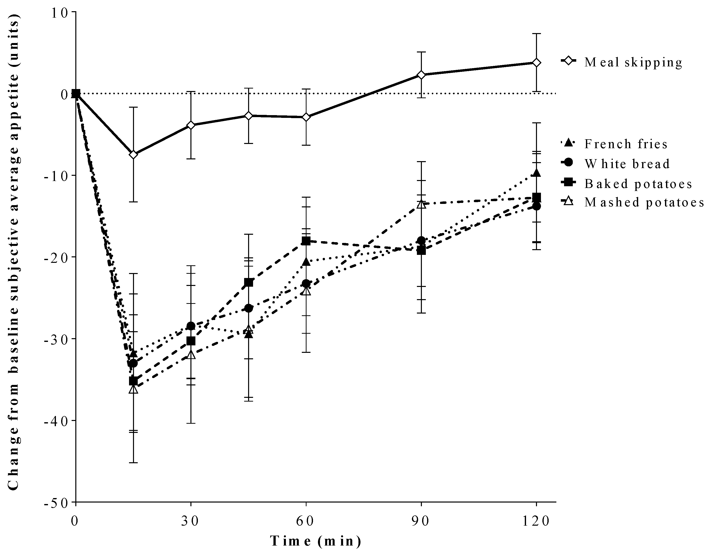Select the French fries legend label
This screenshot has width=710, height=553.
[626, 144]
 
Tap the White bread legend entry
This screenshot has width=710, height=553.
[627, 164]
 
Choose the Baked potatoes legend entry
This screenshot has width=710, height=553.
[638, 184]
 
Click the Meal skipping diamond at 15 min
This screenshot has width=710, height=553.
[133, 154]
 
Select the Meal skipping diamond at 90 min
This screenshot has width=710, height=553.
[421, 75]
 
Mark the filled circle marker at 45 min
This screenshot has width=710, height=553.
[249, 308]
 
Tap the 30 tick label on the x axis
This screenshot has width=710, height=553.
[190, 521]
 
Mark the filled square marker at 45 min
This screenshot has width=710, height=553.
[249, 282]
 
